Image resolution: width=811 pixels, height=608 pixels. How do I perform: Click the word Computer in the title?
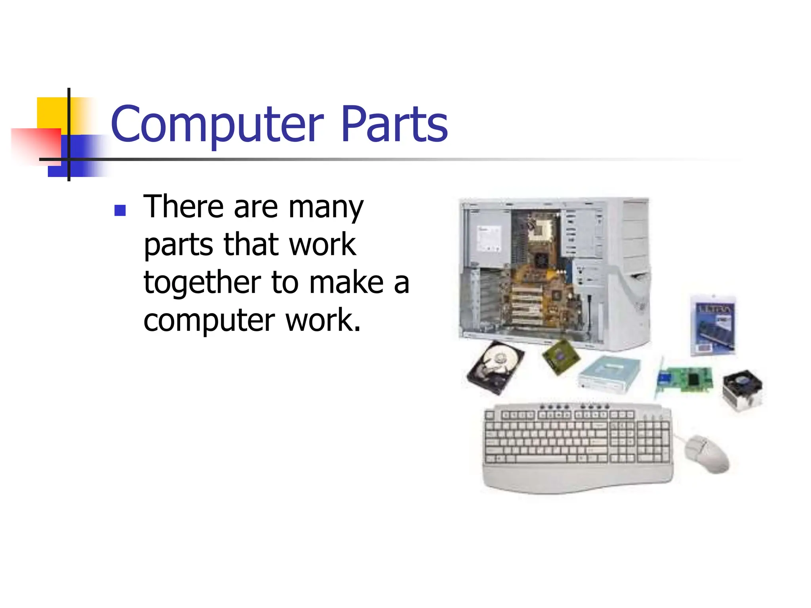point(217,125)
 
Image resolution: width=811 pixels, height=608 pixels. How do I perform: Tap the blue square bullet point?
point(120,210)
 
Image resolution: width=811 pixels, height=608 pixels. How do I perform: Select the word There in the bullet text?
point(184,207)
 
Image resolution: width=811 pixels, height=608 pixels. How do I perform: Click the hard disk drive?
point(495,367)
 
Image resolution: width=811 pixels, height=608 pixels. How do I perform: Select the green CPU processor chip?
point(560,356)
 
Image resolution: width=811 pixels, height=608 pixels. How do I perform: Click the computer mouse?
point(709,453)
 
